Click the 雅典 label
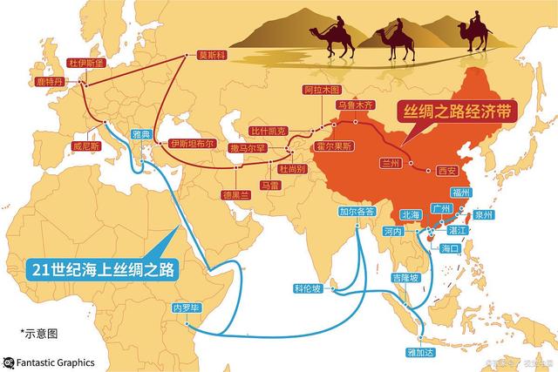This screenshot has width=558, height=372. point(141,134)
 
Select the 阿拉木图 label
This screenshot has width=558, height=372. point(320,91)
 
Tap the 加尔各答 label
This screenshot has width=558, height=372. point(357,212)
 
